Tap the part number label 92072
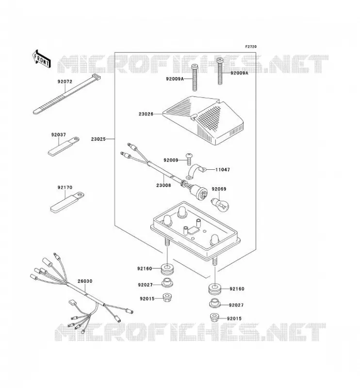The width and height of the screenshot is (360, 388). [65, 81]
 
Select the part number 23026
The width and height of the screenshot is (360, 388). [146, 114]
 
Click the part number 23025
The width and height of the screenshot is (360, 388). [98, 139]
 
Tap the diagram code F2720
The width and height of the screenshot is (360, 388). [251, 47]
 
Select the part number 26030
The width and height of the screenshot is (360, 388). [85, 281]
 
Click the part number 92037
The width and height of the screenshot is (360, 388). [59, 135]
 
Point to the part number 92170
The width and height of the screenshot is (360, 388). [65, 187]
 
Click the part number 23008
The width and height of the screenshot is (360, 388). [164, 185]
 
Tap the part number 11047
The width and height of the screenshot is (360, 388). [223, 170]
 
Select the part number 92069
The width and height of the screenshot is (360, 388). [219, 189]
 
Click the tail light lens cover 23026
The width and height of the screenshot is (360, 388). [203, 120]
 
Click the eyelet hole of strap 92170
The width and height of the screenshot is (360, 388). [79, 195]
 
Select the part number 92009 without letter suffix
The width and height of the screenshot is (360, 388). [171, 160]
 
